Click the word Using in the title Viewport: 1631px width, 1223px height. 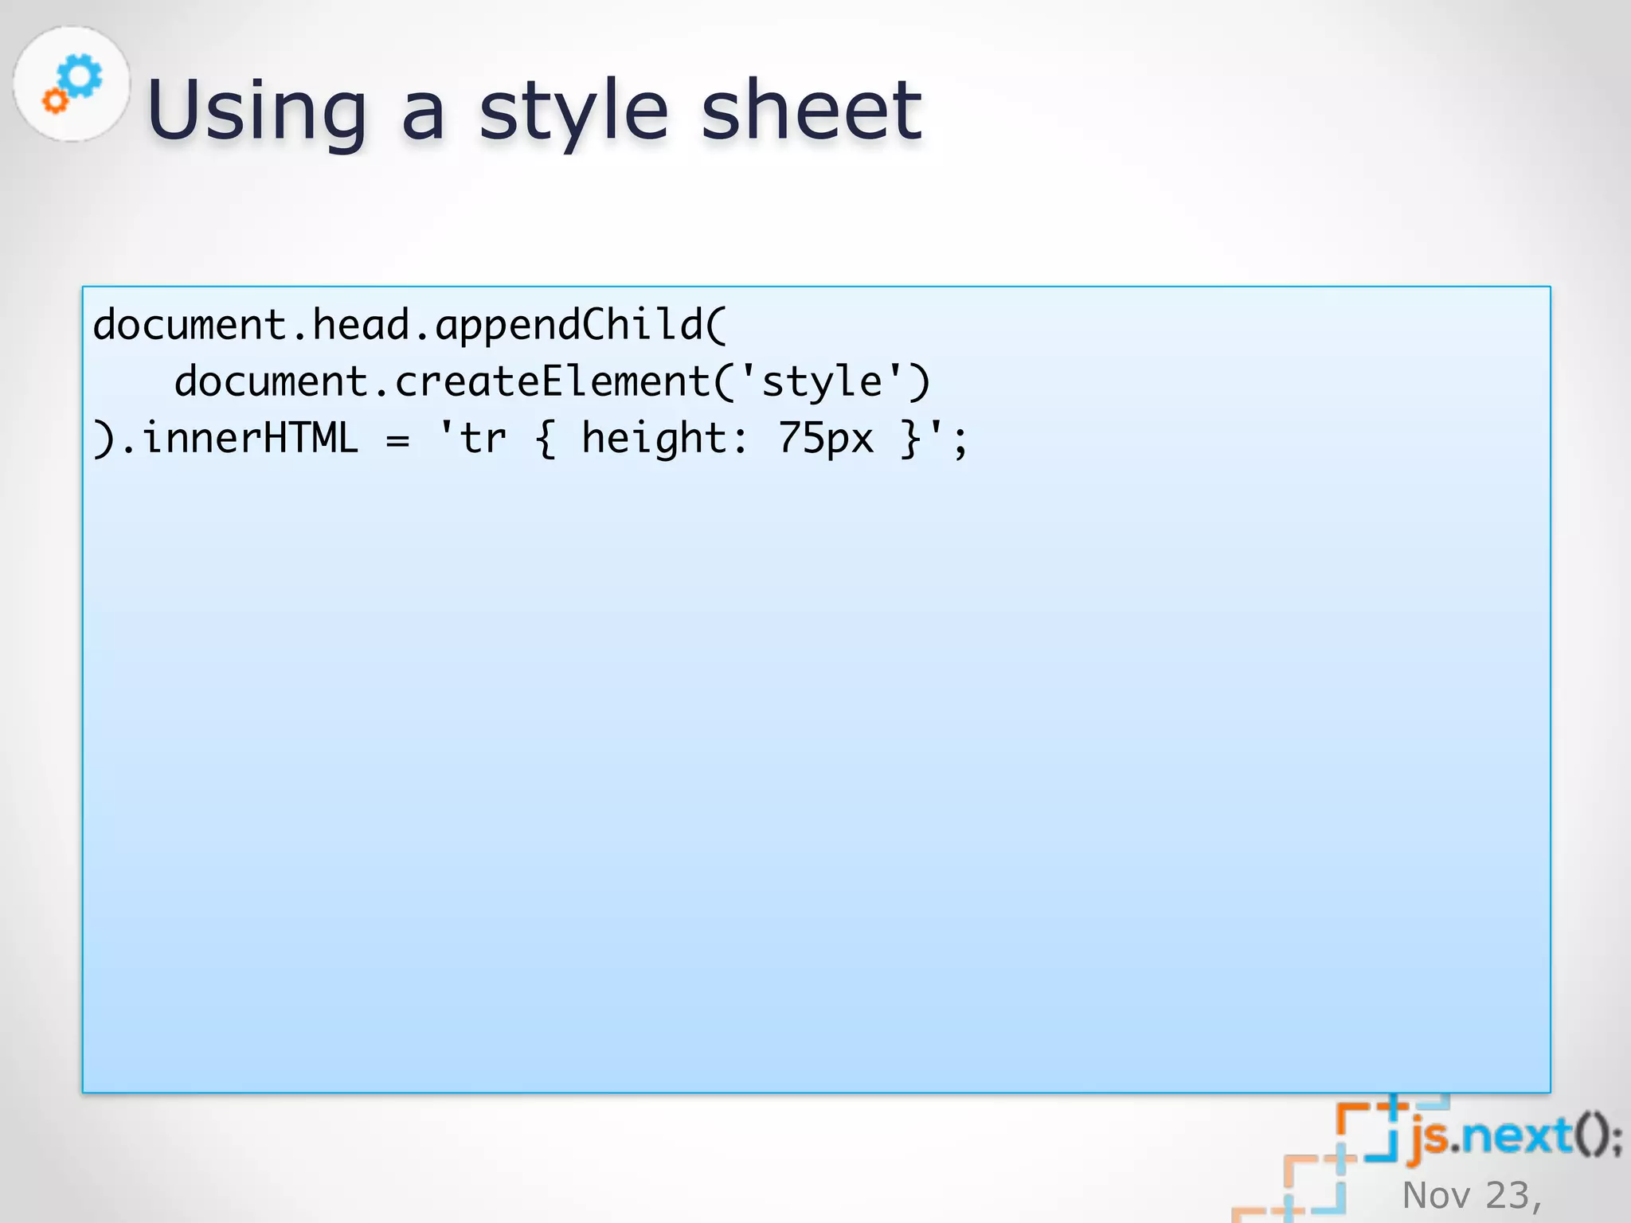pyautogui.click(x=256, y=111)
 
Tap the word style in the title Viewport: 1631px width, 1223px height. pyautogui.click(x=573, y=111)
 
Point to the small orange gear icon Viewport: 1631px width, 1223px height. pyautogui.click(x=55, y=101)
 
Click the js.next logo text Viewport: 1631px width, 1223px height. pyautogui.click(x=1513, y=1135)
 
